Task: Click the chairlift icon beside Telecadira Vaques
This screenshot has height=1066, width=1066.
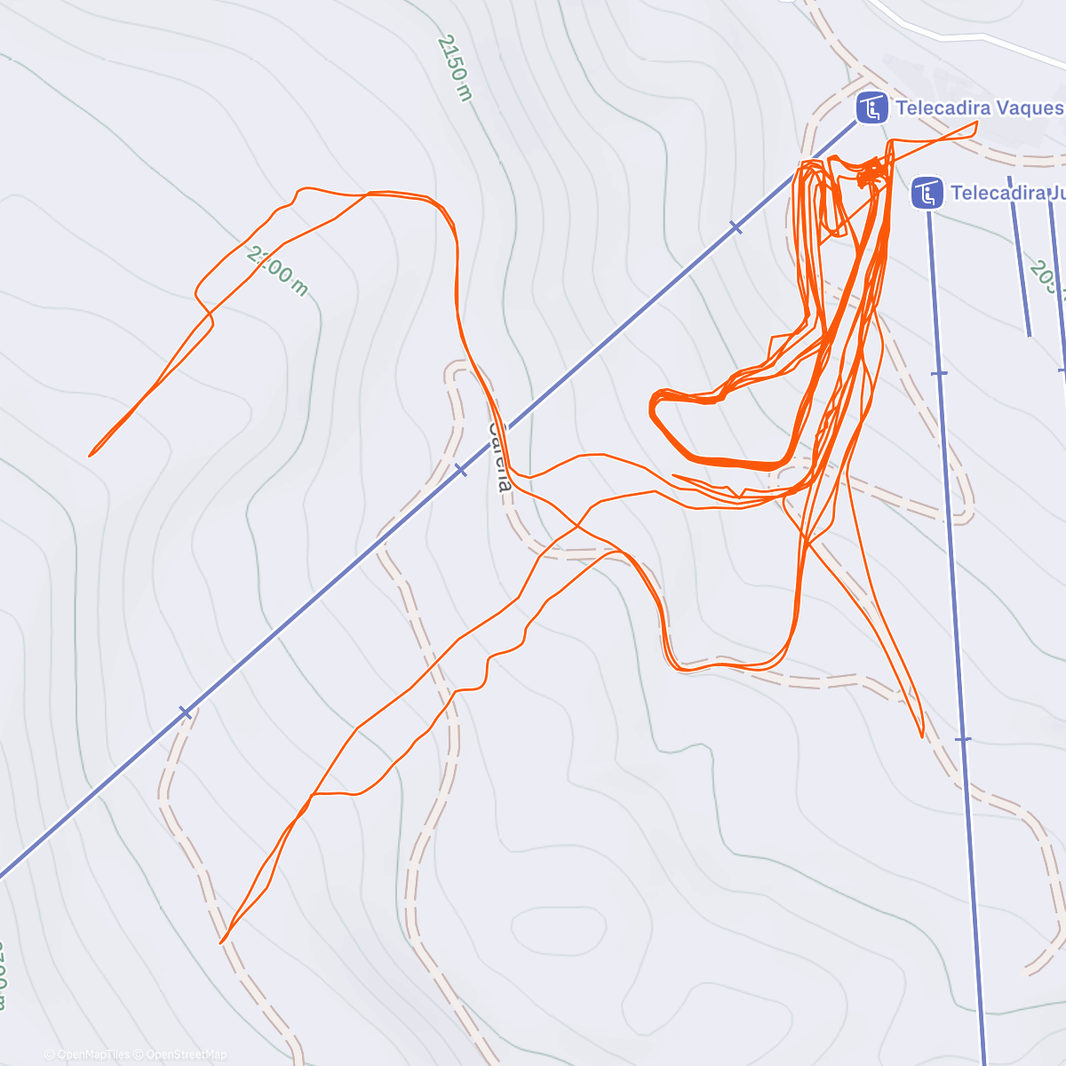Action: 871,108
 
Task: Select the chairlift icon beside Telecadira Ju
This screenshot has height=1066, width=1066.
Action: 927,193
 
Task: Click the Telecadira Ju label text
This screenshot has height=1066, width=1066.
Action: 1006,193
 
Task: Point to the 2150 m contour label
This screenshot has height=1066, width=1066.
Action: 454,68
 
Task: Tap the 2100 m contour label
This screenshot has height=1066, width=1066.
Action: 278,272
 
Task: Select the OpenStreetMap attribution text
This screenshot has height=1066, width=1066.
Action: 186,1054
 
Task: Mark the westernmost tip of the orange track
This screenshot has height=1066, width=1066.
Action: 90,456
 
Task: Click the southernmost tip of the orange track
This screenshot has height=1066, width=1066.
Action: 221,943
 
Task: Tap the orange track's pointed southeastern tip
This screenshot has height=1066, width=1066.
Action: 922,736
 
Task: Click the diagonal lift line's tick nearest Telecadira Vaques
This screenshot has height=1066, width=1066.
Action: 736,228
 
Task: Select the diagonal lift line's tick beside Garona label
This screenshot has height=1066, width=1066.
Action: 460,469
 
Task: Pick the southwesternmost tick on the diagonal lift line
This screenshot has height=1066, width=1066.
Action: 185,712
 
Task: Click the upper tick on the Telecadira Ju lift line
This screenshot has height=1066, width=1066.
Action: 939,373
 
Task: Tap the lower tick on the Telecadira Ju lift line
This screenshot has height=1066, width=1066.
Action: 963,739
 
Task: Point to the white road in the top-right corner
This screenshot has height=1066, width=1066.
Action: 968,36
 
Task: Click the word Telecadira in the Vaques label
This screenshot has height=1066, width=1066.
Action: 943,108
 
